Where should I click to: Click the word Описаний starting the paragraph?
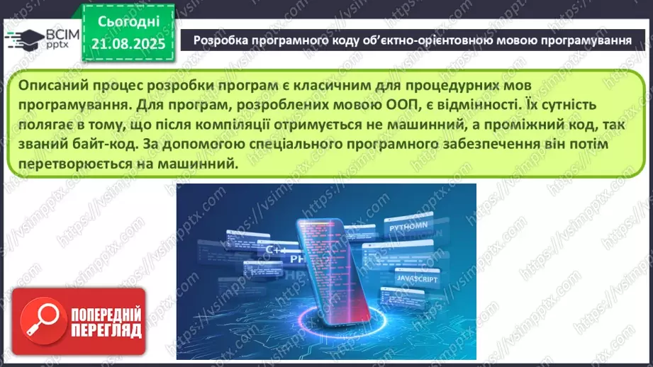52,84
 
